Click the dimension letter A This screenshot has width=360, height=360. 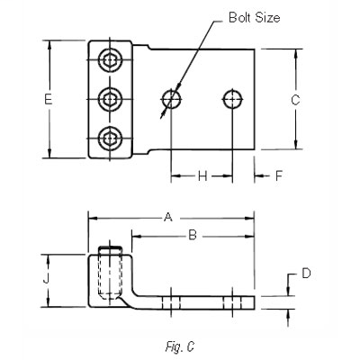pyautogui.click(x=166, y=216)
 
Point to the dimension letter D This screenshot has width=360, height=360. pyautogui.click(x=305, y=273)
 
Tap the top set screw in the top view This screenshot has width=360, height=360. pyautogui.click(x=110, y=60)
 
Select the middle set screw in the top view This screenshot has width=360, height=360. pyautogui.click(x=110, y=99)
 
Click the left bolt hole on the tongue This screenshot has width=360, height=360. pyautogui.click(x=171, y=98)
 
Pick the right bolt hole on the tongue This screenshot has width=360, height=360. pyautogui.click(x=233, y=98)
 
